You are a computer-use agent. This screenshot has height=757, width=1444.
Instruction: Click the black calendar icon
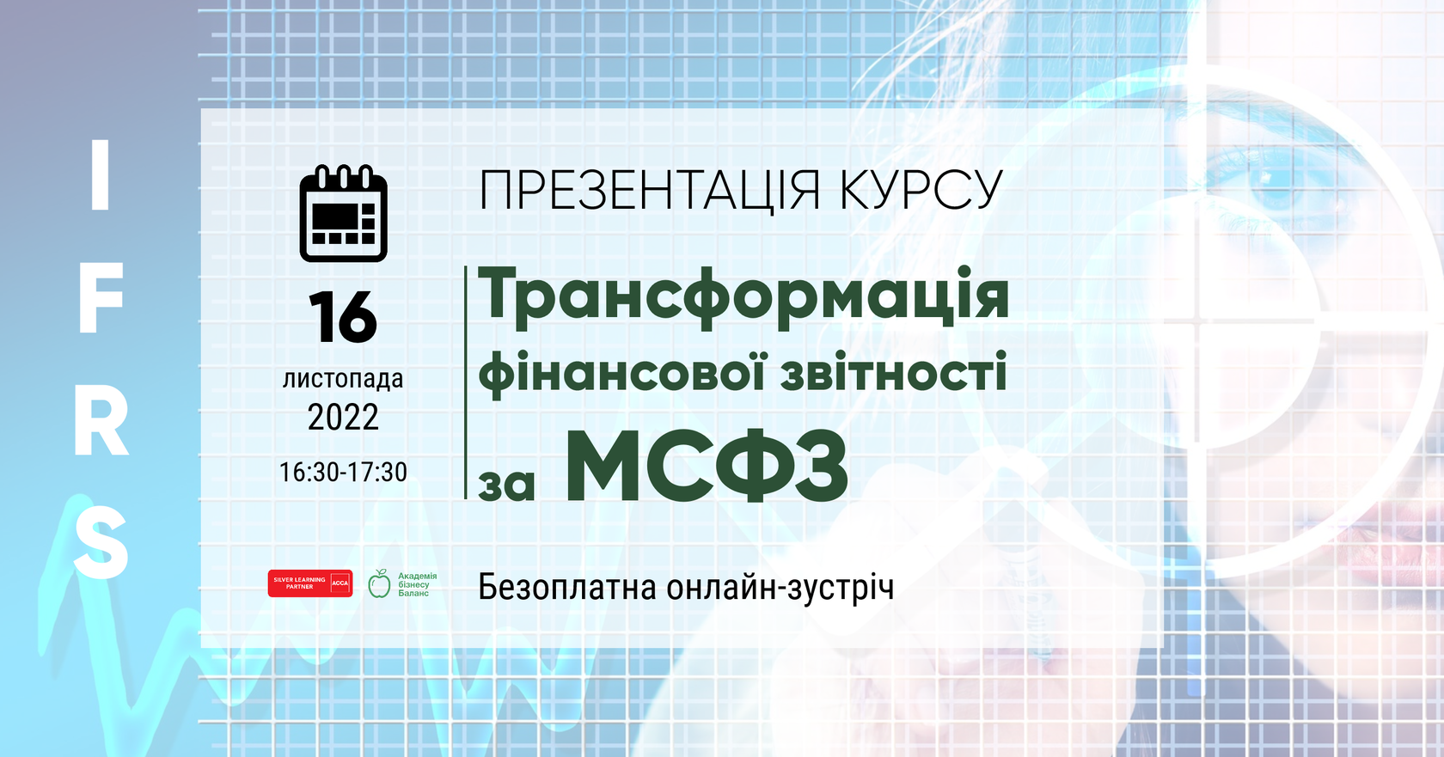(343, 213)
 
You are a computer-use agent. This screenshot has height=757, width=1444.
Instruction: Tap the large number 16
(343, 318)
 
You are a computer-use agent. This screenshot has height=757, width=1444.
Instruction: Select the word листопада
(343, 379)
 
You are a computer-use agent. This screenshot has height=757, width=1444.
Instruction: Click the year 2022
(343, 418)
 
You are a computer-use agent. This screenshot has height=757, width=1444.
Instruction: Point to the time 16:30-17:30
(343, 472)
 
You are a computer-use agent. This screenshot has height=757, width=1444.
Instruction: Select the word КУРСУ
(921, 191)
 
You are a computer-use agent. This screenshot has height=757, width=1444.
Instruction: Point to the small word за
(506, 485)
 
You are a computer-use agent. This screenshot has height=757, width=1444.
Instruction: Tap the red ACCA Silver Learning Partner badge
(309, 583)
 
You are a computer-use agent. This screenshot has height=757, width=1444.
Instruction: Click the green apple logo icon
(379, 583)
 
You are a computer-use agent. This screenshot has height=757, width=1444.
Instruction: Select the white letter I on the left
(101, 175)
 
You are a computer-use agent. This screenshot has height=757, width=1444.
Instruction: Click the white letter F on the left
(101, 298)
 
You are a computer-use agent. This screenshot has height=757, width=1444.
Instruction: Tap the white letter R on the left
(101, 424)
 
